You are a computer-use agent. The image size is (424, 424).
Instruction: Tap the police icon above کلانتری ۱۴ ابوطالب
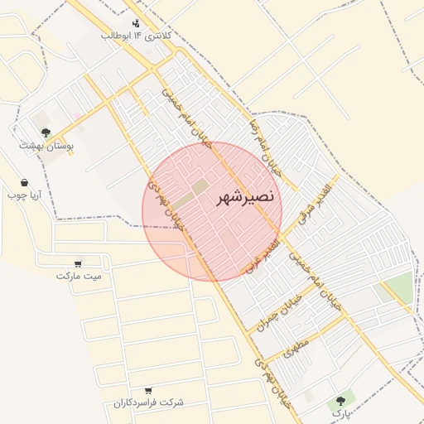pyautogui.click(x=136, y=23)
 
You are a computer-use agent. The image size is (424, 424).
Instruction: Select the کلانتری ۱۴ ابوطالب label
pyautogui.click(x=136, y=36)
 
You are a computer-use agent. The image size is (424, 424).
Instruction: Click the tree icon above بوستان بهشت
pyautogui.click(x=46, y=132)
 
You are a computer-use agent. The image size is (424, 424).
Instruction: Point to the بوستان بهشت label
pyautogui.click(x=47, y=145)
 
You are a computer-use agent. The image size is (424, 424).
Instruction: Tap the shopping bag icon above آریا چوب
pyautogui.click(x=24, y=182)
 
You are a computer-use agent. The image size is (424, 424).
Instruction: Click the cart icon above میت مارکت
pyautogui.click(x=78, y=263)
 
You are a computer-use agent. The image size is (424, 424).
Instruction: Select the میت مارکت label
pyautogui.click(x=79, y=276)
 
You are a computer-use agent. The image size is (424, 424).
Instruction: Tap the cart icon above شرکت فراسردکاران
pyautogui.click(x=148, y=390)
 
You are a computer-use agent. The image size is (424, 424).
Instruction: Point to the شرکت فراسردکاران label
pyautogui.click(x=149, y=403)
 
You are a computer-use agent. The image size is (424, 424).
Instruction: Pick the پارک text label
pyautogui.click(x=341, y=412)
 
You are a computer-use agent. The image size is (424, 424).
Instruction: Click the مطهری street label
pyautogui.click(x=295, y=347)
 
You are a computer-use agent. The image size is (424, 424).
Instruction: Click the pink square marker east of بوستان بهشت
pyautogui.click(x=77, y=115)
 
